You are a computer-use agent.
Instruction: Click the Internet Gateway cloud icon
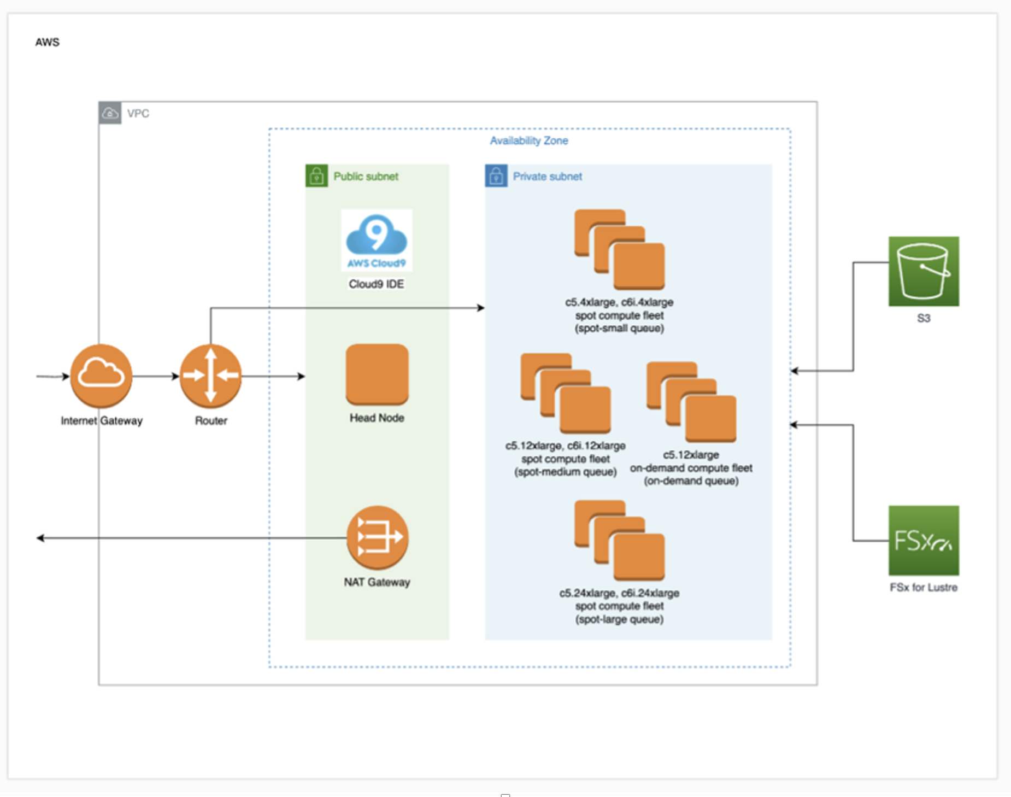[x=101, y=376]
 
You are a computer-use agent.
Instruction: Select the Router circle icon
[x=210, y=376]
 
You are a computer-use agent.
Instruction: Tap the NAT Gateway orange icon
[x=377, y=537]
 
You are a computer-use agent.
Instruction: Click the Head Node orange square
[x=377, y=374]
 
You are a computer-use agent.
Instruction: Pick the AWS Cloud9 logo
[x=377, y=240]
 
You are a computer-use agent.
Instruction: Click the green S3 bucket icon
[x=924, y=271]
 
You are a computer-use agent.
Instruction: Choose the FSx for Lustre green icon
[x=924, y=540]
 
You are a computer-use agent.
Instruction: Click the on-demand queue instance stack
[x=691, y=402]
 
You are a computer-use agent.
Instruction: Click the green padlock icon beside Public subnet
[x=316, y=176]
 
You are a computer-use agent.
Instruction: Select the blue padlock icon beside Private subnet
[x=496, y=176]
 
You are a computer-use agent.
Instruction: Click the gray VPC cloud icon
[x=110, y=113]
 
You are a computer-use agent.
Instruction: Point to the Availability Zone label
[x=528, y=140]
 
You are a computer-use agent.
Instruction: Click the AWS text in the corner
[x=48, y=42]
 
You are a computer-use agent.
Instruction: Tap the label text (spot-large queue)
[x=619, y=619]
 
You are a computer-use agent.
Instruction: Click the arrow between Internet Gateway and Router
[x=155, y=376]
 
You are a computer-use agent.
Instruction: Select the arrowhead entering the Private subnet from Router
[x=481, y=308]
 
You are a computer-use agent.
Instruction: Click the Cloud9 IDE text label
[x=377, y=284]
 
